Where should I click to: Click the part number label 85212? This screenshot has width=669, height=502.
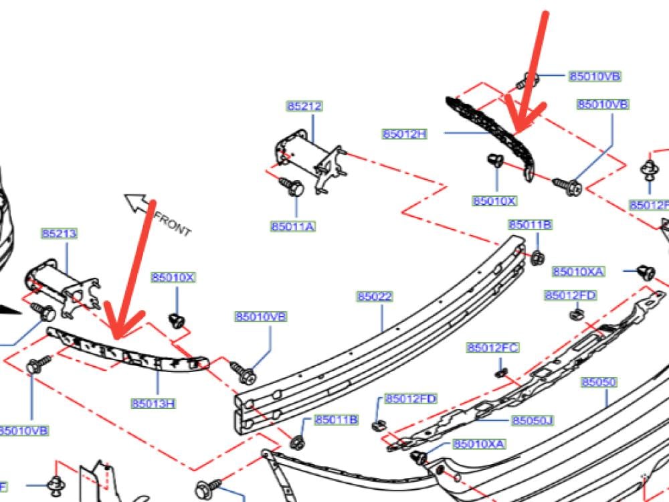tap(304, 106)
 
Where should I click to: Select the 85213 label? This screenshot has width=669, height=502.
tap(59, 234)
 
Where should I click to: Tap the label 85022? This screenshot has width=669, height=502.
tap(374, 297)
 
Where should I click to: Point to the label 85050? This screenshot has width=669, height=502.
tap(599, 382)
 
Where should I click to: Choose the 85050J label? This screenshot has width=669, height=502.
tap(533, 420)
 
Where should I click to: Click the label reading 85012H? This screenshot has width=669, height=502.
tap(404, 134)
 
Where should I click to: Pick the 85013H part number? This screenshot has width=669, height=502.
tap(153, 403)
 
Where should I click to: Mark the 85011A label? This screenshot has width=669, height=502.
tap(293, 226)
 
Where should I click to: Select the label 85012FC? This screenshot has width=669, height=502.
tap(493, 348)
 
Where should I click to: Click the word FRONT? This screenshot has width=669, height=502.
tap(173, 224)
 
